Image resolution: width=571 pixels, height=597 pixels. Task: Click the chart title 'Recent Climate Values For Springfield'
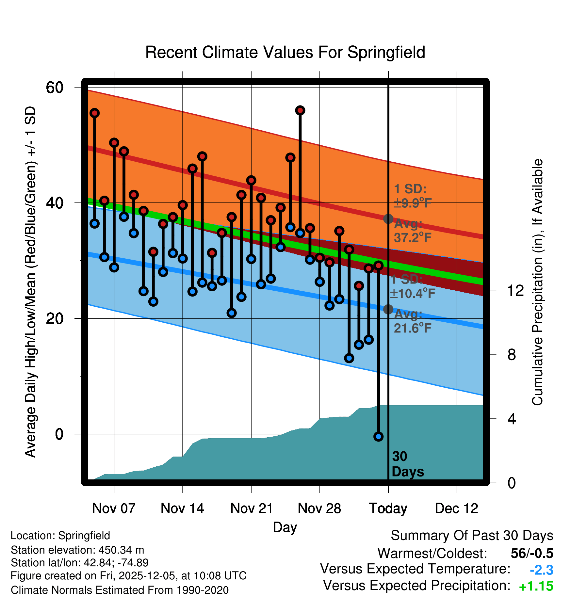[285, 52]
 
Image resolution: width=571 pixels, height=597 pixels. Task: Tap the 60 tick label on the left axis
[55, 87]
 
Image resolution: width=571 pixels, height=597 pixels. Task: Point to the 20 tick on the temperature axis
[55, 318]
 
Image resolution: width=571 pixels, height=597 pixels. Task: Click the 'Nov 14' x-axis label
[182, 508]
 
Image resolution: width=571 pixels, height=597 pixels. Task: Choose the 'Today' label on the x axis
[388, 508]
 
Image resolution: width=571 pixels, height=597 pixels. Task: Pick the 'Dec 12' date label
[456, 508]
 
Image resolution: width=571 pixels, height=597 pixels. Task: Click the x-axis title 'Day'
[285, 527]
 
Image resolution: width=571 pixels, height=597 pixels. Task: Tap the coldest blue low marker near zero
[378, 436]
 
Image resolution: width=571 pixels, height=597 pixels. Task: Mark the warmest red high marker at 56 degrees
[300, 110]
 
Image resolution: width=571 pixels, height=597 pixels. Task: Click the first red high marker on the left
[95, 113]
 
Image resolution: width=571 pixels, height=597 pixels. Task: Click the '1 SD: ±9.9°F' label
[413, 196]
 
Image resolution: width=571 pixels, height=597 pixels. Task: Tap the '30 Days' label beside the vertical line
[407, 464]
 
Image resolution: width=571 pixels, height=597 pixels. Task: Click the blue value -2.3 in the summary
[541, 570]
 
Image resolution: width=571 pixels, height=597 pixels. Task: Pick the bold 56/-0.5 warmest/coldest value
[532, 553]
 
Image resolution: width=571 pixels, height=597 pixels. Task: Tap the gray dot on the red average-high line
[388, 219]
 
